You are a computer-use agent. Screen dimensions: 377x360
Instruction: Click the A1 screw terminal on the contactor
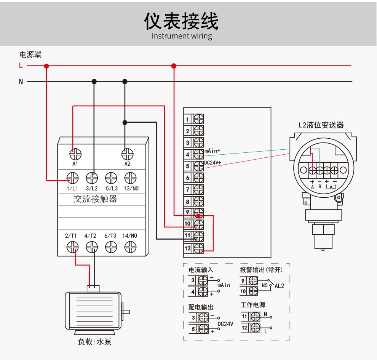coord(75,154)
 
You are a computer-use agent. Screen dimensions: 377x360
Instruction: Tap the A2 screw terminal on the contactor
coord(128,154)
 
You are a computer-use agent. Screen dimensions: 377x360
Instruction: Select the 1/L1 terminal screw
coord(72,178)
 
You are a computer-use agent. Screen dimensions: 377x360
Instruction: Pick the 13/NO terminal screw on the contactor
coord(131,178)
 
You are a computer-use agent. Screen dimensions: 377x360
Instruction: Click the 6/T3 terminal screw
coord(111,247)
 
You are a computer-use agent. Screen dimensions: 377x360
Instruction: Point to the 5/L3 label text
coord(112,188)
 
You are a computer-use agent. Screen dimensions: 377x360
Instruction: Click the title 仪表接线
coord(181,21)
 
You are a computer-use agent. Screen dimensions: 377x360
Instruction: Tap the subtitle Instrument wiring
coord(182,36)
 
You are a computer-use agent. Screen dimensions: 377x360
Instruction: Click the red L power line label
coord(21,65)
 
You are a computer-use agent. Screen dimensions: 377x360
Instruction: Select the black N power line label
coord(21,82)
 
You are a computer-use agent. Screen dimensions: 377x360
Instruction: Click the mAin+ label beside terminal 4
coord(212,151)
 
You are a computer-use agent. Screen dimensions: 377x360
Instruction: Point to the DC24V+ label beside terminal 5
coord(212,163)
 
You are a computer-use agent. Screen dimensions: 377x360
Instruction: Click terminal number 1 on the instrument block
coord(187,119)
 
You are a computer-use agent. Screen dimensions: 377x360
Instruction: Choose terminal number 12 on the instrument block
coord(187,248)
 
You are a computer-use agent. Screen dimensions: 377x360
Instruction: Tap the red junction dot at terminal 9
coord(198,216)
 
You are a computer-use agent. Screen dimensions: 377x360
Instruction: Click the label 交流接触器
coord(96,199)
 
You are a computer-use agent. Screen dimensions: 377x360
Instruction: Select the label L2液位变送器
coord(321,125)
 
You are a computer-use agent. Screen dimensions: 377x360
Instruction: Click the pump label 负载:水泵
coord(94,342)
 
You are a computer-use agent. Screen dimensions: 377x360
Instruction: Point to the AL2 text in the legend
coord(280,286)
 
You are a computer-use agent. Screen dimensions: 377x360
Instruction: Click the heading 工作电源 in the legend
coord(253,305)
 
